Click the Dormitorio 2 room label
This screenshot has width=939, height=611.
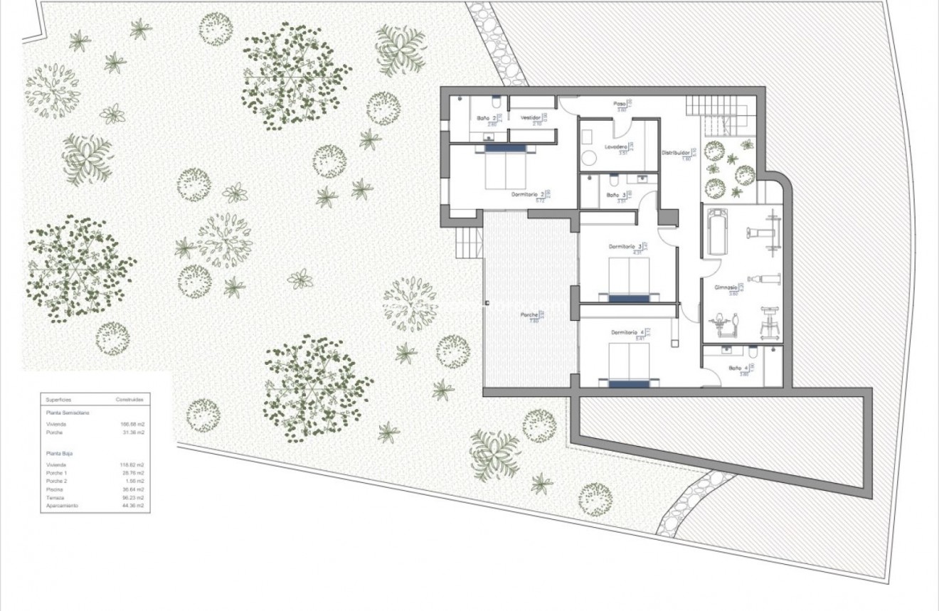coord(527,193)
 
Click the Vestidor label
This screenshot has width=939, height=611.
coord(531,118)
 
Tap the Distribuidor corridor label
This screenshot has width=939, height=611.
coord(675,152)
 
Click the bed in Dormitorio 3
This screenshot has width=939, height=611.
coord(629,280)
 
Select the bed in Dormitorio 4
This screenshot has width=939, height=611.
coord(629,364)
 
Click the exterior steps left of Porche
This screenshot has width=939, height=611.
coord(469,246)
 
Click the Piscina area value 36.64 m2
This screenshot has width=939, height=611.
coord(133,489)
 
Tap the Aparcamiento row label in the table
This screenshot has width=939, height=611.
coord(62,506)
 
